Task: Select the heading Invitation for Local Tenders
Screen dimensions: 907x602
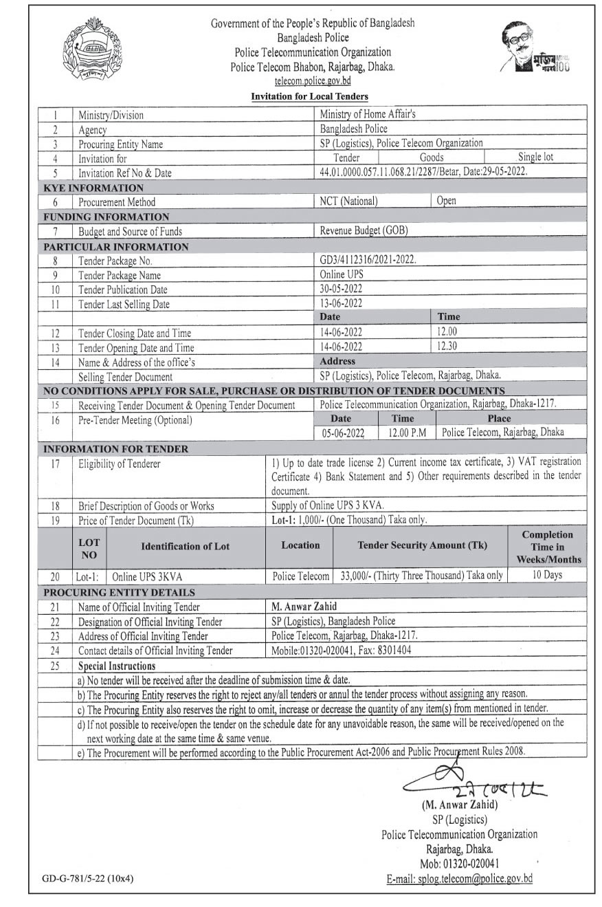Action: pos(310,96)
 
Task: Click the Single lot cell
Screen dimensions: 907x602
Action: pos(535,157)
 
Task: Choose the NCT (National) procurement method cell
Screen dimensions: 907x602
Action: pos(349,201)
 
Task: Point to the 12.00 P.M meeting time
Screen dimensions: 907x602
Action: pos(406,433)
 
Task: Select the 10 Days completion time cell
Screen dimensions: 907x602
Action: pos(547,575)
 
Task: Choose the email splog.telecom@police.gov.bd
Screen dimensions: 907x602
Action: pos(460,878)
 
